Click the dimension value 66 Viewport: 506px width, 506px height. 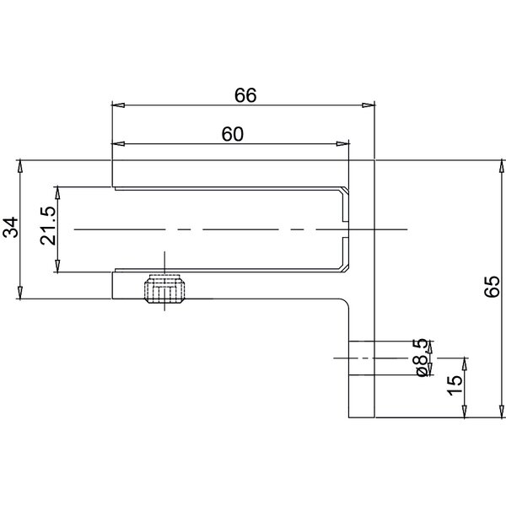(x=245, y=95)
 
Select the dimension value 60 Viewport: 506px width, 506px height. (x=233, y=134)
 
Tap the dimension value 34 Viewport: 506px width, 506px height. (x=11, y=228)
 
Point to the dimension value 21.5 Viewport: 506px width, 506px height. (x=48, y=226)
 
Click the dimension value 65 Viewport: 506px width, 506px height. (x=493, y=287)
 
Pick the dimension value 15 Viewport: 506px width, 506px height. (x=455, y=385)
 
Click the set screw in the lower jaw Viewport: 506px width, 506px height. (x=164, y=288)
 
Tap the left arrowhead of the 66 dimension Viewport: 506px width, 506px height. (x=118, y=105)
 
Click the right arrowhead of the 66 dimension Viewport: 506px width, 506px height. (x=369, y=105)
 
